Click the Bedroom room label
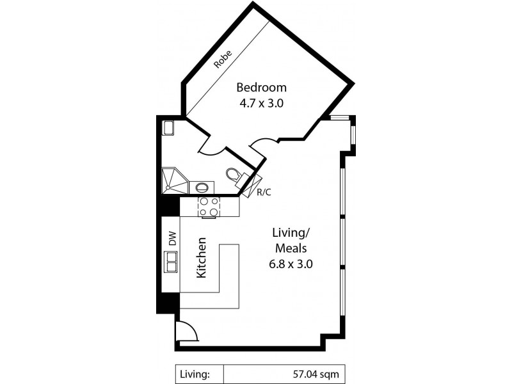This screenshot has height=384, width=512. (x=261, y=88)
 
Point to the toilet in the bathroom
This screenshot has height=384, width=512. (x=234, y=174)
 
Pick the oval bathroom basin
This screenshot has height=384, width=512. (x=202, y=188)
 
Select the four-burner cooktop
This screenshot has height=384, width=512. (x=209, y=206)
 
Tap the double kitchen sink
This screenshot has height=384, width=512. (x=172, y=262)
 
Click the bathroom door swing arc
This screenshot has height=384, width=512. (x=212, y=148)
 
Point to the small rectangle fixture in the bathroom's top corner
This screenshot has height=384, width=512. (x=168, y=128)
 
